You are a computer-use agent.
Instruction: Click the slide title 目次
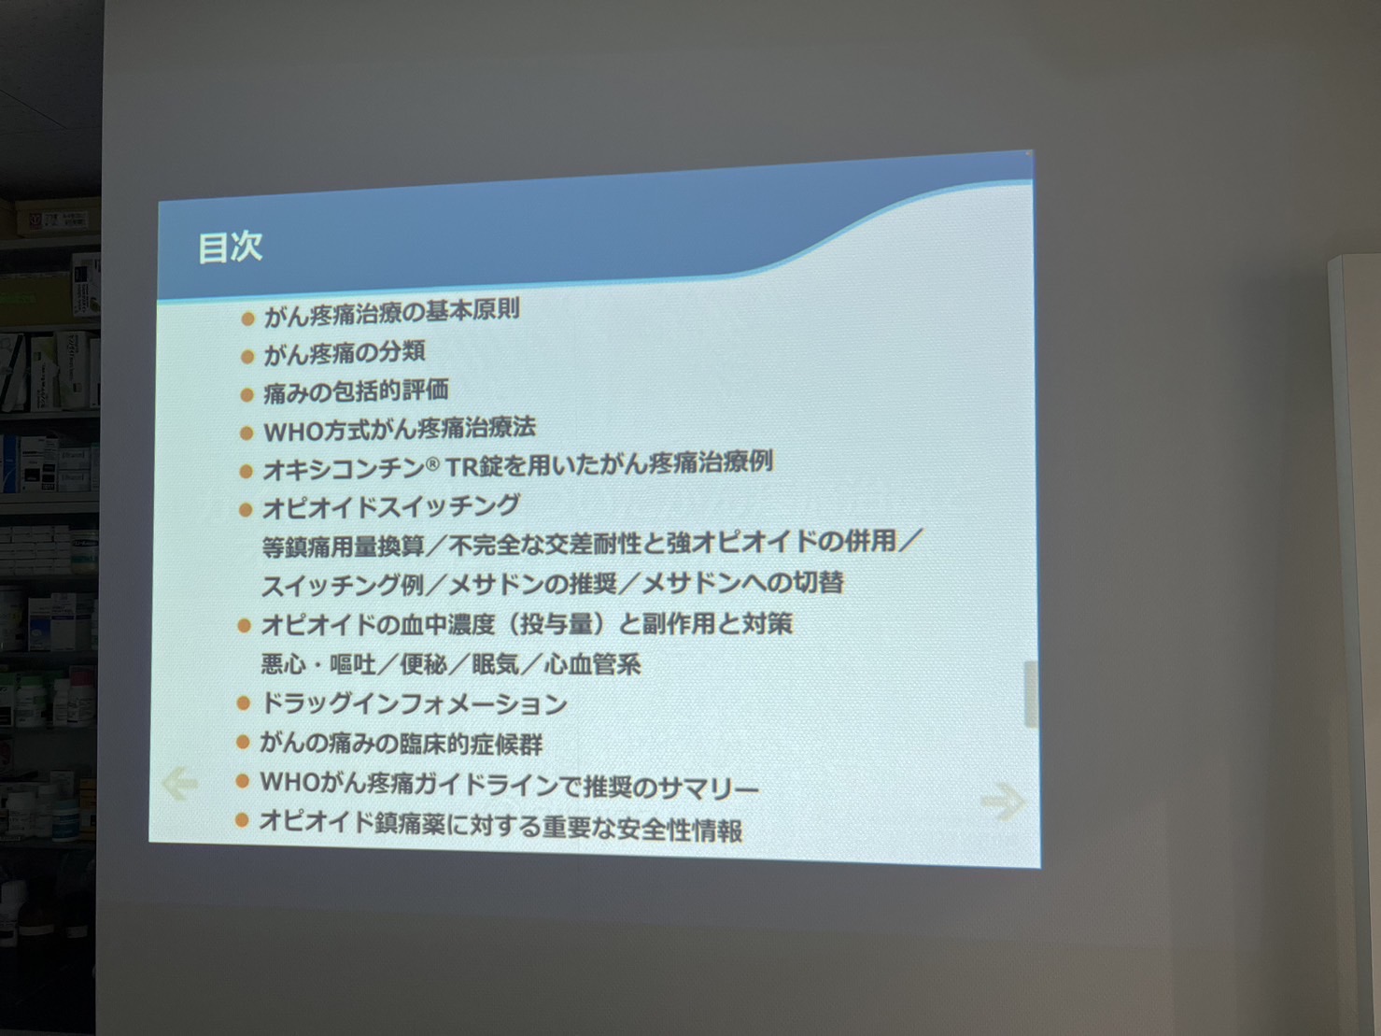pyautogui.click(x=231, y=248)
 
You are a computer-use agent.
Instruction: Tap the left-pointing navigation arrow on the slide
pyautogui.click(x=180, y=783)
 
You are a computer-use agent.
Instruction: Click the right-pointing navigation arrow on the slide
pyautogui.click(x=1003, y=802)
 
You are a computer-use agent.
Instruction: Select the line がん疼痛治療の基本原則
pyautogui.click(x=391, y=312)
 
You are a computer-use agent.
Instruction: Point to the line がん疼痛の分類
pyautogui.click(x=345, y=353)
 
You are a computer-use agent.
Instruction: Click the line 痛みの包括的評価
pyautogui.click(x=356, y=391)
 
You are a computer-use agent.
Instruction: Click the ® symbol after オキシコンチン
pyautogui.click(x=431, y=464)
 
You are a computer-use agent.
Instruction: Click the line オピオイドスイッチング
pyautogui.click(x=390, y=506)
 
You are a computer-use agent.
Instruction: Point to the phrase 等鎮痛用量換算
pyautogui.click(x=344, y=546)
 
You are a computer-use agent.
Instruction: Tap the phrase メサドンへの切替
pyautogui.click(x=743, y=582)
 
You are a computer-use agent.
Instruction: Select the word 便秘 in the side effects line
pyautogui.click(x=424, y=664)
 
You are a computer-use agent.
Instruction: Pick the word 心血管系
pyautogui.click(x=593, y=664)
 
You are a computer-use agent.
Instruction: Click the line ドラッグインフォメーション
pyautogui.click(x=414, y=703)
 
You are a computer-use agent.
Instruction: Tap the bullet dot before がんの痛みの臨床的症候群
pyautogui.click(x=243, y=743)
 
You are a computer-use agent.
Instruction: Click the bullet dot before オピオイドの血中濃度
pyautogui.click(x=244, y=626)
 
